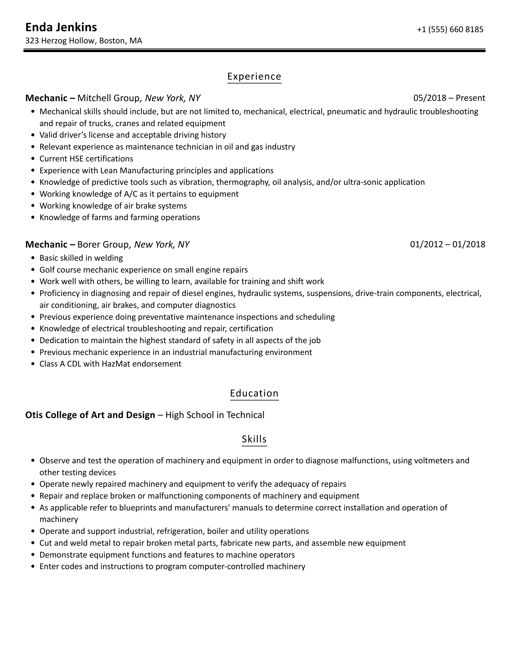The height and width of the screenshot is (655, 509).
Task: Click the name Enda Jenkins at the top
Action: point(61,27)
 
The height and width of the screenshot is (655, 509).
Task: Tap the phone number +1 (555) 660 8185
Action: point(450,29)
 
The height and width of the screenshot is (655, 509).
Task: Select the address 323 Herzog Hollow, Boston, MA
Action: point(84,41)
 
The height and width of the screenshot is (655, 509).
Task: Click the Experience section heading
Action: point(254,76)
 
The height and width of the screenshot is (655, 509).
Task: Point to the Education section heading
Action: point(254,393)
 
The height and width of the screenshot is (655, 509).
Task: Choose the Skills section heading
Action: point(254,439)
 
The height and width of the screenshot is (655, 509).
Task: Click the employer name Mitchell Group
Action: point(108,98)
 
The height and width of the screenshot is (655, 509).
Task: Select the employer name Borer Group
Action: point(103,244)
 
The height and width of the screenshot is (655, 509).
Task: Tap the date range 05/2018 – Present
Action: point(449,98)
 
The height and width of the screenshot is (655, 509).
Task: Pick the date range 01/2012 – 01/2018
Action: point(448,244)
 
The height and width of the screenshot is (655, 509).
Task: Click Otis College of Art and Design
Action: point(90,415)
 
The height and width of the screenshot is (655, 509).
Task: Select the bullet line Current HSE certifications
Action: point(86,159)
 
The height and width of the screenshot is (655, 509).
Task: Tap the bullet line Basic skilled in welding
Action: point(81,258)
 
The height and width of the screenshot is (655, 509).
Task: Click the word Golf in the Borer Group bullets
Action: point(47,270)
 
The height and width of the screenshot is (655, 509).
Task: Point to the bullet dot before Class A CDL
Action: point(33,364)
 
